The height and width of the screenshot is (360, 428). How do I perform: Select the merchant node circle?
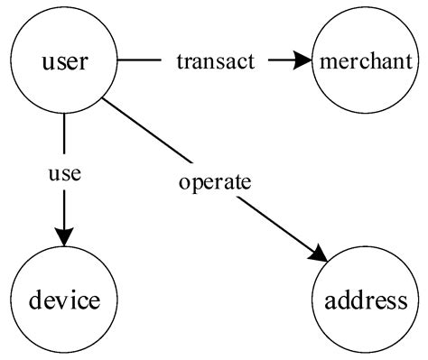point(366,61)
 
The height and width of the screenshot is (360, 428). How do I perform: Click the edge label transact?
point(216,61)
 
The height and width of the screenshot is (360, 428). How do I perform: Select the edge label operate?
point(214,181)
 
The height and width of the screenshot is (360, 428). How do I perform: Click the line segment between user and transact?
point(140,61)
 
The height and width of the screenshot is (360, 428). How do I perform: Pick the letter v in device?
point(66,300)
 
